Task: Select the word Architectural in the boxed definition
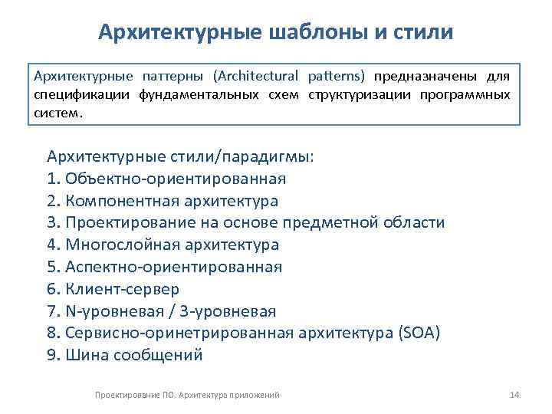258,77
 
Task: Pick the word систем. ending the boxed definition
56,112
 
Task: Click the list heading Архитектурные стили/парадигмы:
180,156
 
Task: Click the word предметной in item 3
330,223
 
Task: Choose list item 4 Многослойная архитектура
163,245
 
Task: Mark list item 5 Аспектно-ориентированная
164,268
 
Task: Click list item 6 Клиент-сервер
113,289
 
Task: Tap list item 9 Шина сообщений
125,355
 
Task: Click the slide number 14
514,394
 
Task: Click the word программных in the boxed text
466,94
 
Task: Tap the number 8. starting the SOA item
53,333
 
